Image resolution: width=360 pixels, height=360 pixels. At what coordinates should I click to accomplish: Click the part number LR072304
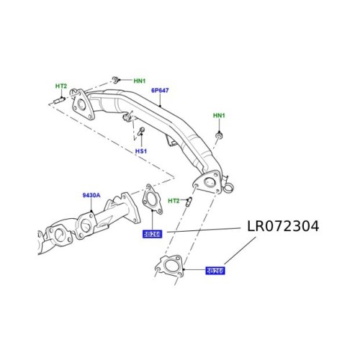pyautogui.click(x=283, y=226)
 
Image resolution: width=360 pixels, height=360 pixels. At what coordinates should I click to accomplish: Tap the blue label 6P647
pyautogui.click(x=160, y=91)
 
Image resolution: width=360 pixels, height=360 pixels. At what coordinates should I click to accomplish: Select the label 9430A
pyautogui.click(x=91, y=195)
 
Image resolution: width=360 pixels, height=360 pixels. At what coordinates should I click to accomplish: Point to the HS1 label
pyautogui.click(x=140, y=151)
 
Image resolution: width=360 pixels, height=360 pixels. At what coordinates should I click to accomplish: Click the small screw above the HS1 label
pyautogui.click(x=141, y=132)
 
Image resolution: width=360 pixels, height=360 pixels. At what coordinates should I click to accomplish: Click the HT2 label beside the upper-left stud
pyautogui.click(x=61, y=86)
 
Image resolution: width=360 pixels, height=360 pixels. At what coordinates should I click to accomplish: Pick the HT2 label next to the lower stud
pyautogui.click(x=174, y=200)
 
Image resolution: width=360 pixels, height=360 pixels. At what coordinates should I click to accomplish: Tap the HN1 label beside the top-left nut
pyautogui.click(x=139, y=80)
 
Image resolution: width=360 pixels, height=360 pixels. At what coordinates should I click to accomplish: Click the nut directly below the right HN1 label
pyautogui.click(x=220, y=135)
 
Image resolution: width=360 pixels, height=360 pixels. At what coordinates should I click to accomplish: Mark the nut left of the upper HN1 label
pyautogui.click(x=116, y=78)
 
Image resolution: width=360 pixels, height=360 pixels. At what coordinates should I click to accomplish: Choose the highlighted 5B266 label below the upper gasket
pyautogui.click(x=152, y=233)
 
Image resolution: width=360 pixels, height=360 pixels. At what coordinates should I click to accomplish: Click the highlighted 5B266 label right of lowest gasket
pyautogui.click(x=215, y=271)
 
